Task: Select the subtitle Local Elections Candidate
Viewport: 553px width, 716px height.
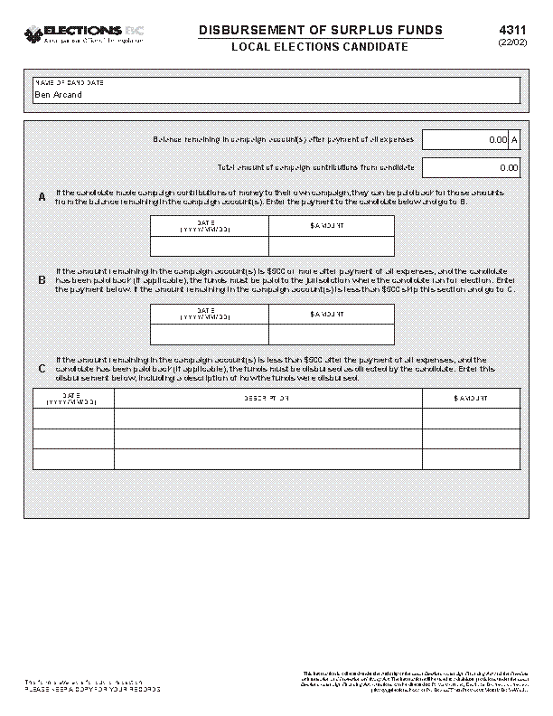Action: pos(321,47)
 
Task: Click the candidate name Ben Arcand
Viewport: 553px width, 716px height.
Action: pos(58,94)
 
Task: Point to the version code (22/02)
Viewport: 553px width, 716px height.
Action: pos(507,43)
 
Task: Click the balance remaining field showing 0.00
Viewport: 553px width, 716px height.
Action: pos(465,140)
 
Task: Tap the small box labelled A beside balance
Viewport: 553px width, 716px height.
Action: pos(514,140)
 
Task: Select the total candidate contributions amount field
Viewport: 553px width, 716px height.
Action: pos(471,167)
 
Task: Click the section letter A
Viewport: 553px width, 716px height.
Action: pos(42,198)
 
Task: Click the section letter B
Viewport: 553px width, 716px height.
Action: pos(42,280)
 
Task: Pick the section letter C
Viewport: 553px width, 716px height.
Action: pos(42,369)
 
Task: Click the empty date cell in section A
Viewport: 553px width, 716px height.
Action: pos(210,246)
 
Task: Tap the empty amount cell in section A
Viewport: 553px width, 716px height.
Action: pos(331,246)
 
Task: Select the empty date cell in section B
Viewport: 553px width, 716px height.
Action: pos(210,334)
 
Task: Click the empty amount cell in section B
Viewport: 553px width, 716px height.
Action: pos(331,334)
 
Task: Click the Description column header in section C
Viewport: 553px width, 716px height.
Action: pos(267,399)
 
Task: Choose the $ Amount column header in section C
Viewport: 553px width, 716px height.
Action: pos(471,399)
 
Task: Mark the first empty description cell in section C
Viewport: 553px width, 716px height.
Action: pos(267,418)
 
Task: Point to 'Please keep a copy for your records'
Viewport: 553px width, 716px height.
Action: pos(92,689)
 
